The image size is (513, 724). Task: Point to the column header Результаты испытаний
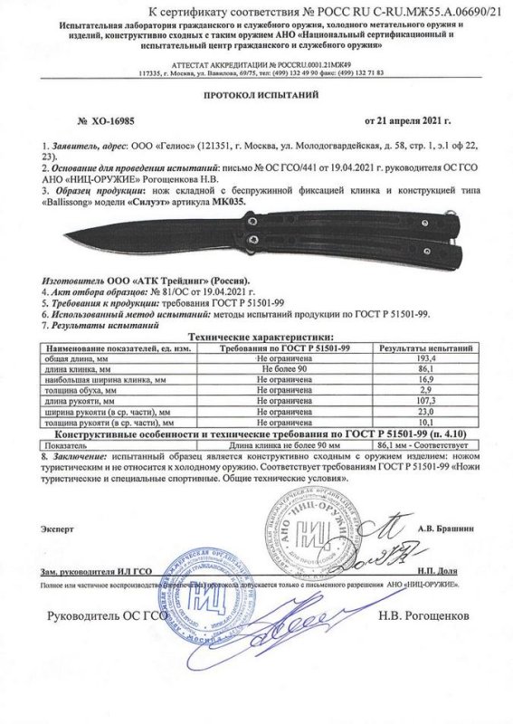(x=425, y=348)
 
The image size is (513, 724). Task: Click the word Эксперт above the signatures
(x=56, y=527)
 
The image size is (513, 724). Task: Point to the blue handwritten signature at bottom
(x=299, y=626)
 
